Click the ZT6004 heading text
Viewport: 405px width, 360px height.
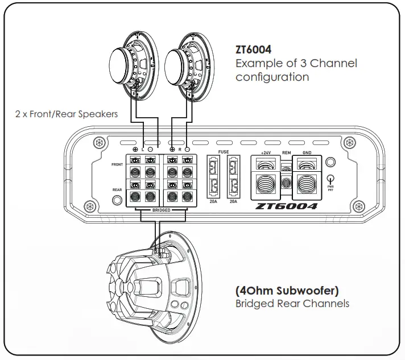click(254, 49)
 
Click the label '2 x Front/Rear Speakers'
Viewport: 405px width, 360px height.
click(67, 114)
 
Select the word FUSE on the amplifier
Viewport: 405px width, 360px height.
click(224, 152)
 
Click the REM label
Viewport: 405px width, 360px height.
click(286, 152)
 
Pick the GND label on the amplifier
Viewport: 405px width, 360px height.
click(307, 152)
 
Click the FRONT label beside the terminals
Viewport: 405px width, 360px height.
click(117, 165)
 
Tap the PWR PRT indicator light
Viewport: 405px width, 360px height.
click(330, 177)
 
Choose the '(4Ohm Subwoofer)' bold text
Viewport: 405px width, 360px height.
click(287, 290)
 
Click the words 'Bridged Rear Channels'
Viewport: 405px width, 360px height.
click(292, 304)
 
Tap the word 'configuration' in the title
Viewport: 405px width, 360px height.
click(272, 77)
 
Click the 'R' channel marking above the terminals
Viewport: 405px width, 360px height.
click(180, 148)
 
